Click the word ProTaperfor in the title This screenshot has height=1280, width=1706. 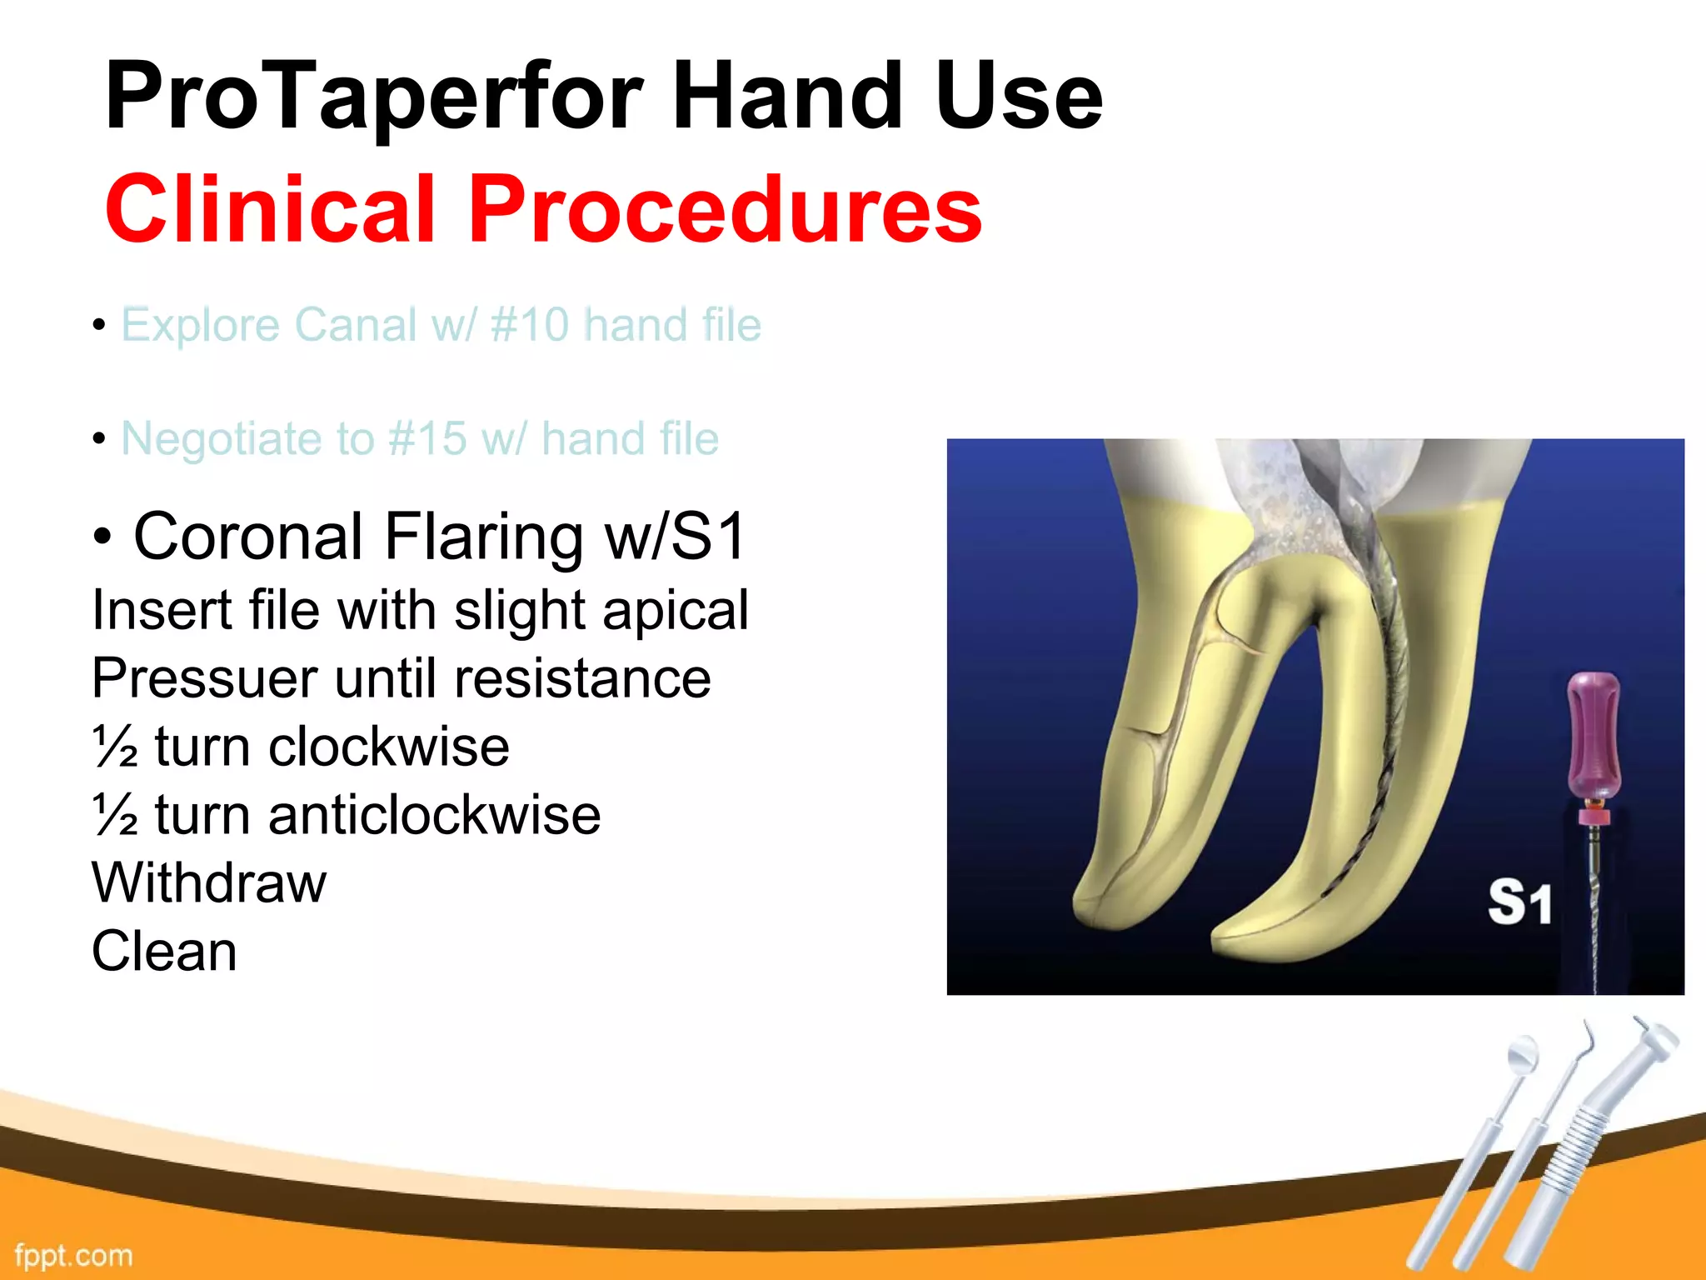[x=375, y=98]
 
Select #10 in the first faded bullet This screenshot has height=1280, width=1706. [x=530, y=325]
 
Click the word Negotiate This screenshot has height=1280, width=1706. [x=221, y=439]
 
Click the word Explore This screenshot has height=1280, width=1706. [x=200, y=325]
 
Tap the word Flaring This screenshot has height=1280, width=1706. [x=483, y=537]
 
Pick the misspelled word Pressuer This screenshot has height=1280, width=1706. [x=205, y=678]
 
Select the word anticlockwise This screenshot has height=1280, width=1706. [x=434, y=815]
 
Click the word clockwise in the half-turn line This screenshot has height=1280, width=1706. [x=388, y=747]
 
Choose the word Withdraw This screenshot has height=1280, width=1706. [x=209, y=883]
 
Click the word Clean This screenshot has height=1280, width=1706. [x=164, y=952]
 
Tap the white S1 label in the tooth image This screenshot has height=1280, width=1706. [x=1519, y=903]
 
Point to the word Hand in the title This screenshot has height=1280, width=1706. [x=787, y=98]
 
